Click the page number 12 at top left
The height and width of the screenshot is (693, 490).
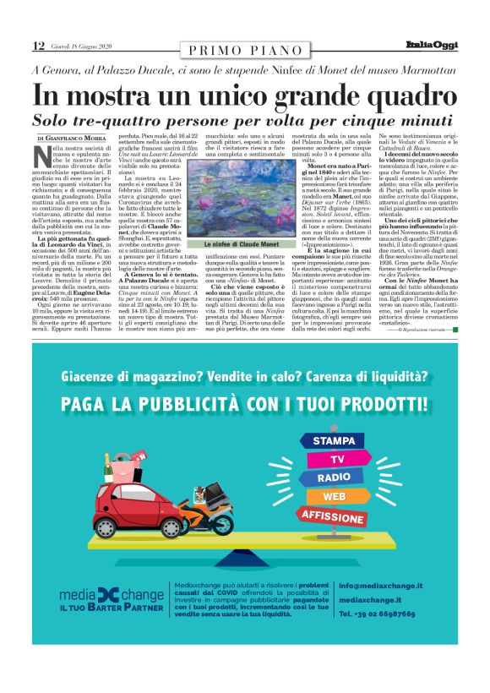point(38,46)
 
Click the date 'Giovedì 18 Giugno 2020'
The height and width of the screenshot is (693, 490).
point(80,46)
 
